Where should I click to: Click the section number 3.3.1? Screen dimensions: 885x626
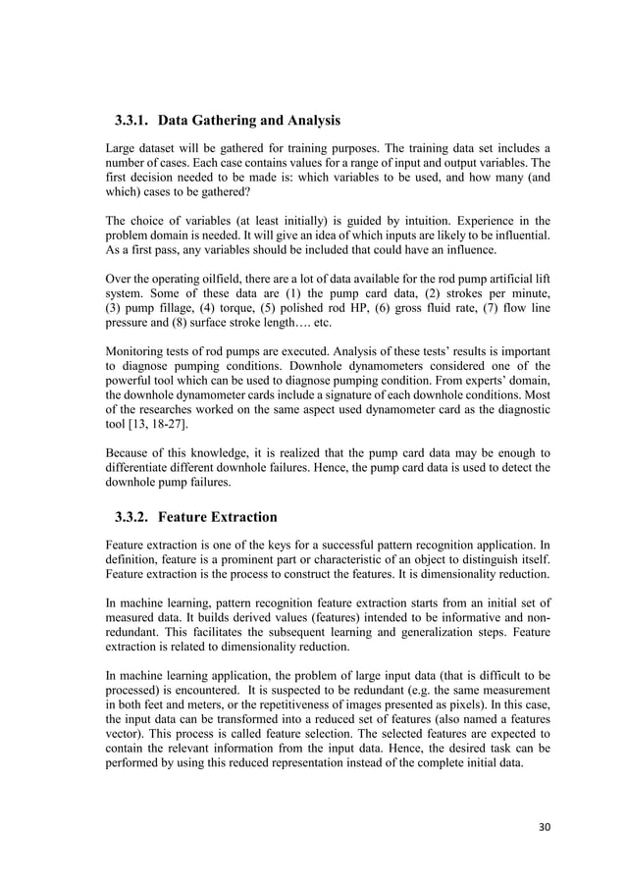[x=131, y=122]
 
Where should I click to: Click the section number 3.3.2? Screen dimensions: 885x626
[x=131, y=517]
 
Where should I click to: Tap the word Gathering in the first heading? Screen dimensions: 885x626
[x=226, y=122]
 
